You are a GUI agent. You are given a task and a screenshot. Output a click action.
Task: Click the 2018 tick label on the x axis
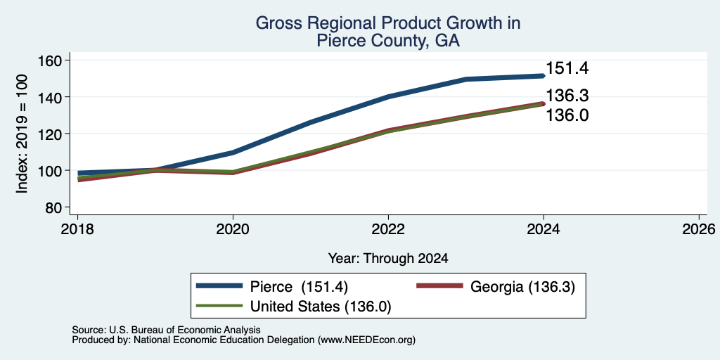click(78, 229)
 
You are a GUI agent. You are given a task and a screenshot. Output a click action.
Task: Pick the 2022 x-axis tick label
click(388, 229)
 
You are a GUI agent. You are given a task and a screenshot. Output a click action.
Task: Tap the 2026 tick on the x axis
click(699, 229)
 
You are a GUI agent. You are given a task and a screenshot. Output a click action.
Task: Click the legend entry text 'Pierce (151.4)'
click(299, 287)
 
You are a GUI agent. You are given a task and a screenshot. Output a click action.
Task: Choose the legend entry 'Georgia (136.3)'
click(522, 287)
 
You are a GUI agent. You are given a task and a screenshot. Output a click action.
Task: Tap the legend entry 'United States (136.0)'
click(321, 306)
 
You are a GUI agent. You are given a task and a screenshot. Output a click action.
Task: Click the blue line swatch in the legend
click(219, 286)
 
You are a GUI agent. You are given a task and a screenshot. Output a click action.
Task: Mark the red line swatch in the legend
click(439, 286)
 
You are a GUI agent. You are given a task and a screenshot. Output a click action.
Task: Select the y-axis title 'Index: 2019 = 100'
click(22, 134)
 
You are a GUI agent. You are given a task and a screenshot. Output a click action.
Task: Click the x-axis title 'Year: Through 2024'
click(388, 259)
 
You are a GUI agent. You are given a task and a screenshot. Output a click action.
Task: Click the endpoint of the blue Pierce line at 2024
click(544, 76)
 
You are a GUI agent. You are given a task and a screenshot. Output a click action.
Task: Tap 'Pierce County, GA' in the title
click(388, 41)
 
